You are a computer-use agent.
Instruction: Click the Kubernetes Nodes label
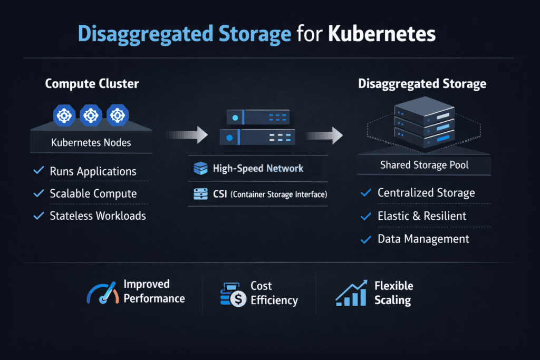(91, 142)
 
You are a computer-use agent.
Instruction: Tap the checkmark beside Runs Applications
(38, 171)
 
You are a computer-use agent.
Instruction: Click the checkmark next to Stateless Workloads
(38, 216)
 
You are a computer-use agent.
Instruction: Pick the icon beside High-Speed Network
(201, 169)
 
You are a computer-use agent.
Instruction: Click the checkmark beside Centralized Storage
(365, 193)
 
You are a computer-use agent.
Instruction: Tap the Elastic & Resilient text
(422, 216)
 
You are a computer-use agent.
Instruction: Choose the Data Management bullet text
(423, 239)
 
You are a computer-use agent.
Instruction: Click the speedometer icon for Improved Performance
(101, 292)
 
